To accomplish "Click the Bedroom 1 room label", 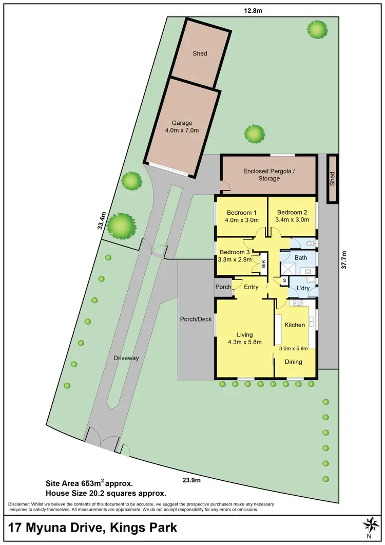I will point(241,213).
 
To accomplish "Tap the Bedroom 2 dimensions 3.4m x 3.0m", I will point(292,219).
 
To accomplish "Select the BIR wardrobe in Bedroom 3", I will point(263,264).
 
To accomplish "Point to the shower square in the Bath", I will point(287,268).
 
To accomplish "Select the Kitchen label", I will point(295,325).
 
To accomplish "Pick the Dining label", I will point(294,362).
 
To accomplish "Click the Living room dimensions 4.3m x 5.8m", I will point(245,342).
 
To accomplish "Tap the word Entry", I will point(251,287).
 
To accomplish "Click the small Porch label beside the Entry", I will point(223,287).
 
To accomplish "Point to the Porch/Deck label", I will point(196,320).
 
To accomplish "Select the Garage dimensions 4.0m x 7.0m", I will point(182,130).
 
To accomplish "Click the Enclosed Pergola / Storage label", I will point(268,175).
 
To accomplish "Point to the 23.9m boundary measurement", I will point(190,480).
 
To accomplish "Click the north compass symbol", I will point(369,524).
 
